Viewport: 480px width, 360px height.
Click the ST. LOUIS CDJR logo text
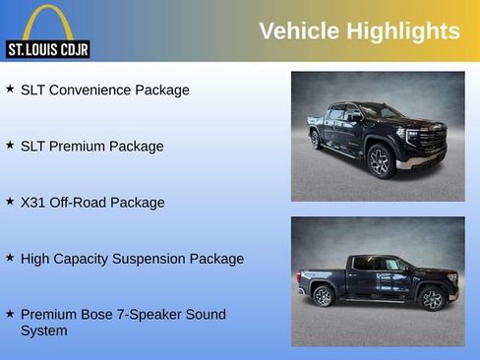(48, 49)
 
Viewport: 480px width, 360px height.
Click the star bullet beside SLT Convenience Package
(10, 89)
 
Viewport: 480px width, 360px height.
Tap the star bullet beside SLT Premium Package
(10, 145)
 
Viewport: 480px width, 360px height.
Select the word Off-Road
(79, 202)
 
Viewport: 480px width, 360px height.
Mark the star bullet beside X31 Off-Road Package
(10, 201)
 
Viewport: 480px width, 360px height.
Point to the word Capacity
(87, 259)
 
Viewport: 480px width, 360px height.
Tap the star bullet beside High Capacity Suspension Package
(10, 257)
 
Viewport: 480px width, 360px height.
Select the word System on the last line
(44, 330)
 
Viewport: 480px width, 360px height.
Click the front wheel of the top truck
(380, 161)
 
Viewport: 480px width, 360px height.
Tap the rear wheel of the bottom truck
(323, 296)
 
